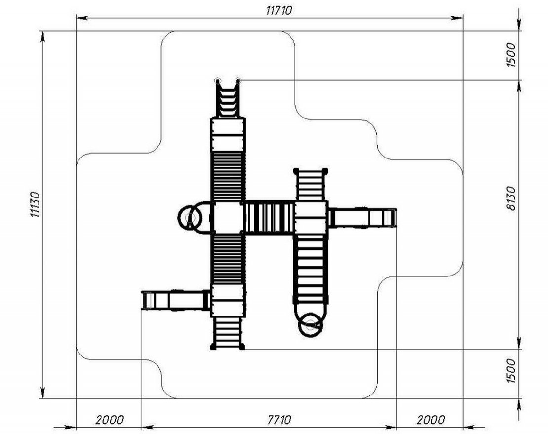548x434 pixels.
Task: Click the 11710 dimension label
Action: (278, 10)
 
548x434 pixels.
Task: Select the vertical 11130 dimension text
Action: (35, 204)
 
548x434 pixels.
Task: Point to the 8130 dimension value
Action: (510, 198)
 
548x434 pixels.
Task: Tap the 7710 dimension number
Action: (279, 419)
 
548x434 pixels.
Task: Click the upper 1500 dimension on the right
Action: (510, 55)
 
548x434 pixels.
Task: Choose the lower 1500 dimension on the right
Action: (510, 370)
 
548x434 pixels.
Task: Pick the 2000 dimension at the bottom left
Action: (110, 419)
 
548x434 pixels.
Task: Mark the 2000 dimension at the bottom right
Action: (431, 419)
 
